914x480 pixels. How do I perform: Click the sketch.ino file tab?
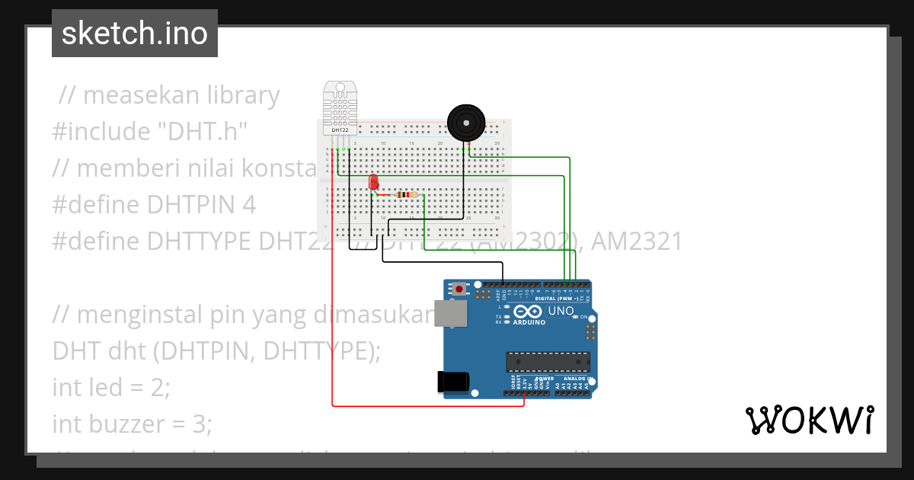pyautogui.click(x=135, y=34)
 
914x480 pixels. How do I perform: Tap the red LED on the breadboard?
pyautogui.click(x=373, y=183)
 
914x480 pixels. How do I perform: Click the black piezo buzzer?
pyautogui.click(x=465, y=123)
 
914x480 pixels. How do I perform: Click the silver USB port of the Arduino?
pyautogui.click(x=450, y=314)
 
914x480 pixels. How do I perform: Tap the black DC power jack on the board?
pyautogui.click(x=452, y=382)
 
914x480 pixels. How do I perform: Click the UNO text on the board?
pyautogui.click(x=561, y=311)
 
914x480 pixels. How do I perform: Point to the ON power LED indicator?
pyautogui.click(x=585, y=317)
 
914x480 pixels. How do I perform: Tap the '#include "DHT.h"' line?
pyautogui.click(x=151, y=132)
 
